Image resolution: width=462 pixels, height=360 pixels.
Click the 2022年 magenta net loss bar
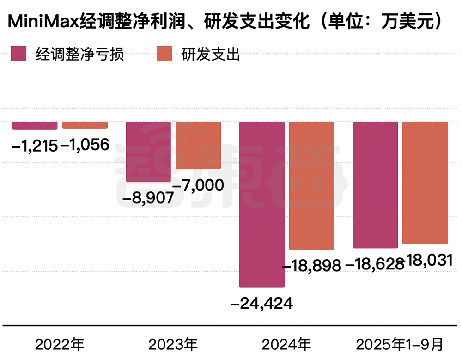tap(35, 126)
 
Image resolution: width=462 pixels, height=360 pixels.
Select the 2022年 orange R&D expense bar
tap(85, 125)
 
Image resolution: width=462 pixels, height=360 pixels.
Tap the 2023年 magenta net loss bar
tap(148, 152)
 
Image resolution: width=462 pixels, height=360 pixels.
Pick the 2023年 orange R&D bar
tap(198, 145)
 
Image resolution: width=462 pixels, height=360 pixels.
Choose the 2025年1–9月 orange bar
tap(425, 183)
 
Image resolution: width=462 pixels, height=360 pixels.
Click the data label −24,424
tap(262, 303)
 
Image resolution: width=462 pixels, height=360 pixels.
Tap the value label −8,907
tap(147, 198)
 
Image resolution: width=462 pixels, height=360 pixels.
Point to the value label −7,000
tap(199, 185)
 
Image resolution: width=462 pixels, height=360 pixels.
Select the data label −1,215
tap(35, 146)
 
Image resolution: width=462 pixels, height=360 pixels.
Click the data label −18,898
tap(311, 266)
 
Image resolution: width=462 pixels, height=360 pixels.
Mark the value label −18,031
tap(427, 261)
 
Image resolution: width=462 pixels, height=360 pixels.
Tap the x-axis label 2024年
tap(286, 345)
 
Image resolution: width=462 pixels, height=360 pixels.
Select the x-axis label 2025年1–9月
tap(400, 345)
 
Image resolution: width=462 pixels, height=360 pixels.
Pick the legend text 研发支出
tap(211, 55)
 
